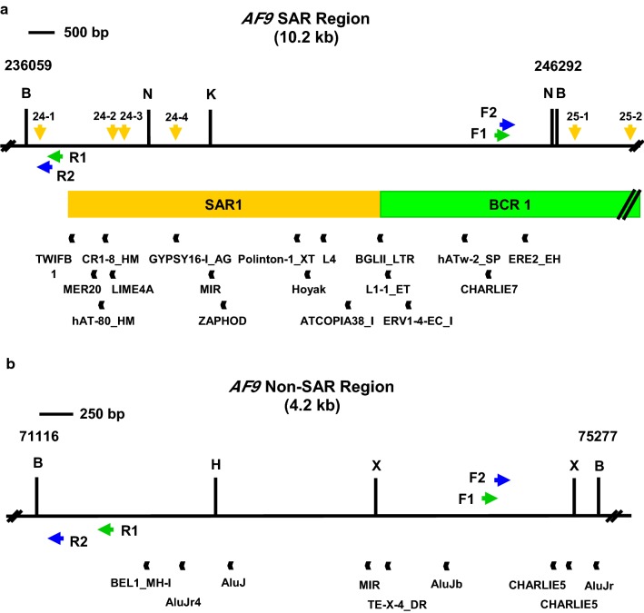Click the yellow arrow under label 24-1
coord(39,133)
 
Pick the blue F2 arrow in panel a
coord(507,124)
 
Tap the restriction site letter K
coord(211,94)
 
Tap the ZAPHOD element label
coord(223,320)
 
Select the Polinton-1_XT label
coord(276,259)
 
